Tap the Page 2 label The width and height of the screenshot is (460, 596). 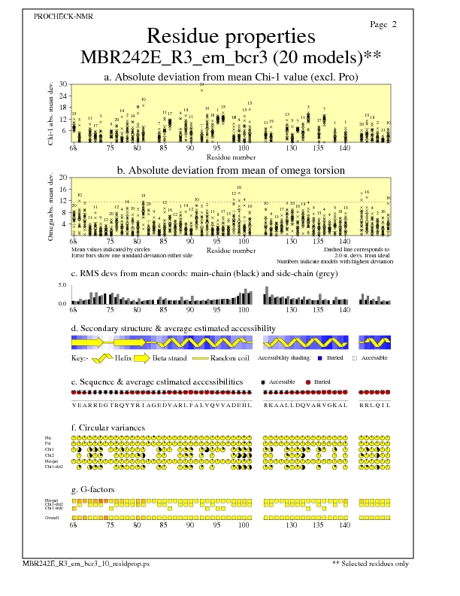pos(383,25)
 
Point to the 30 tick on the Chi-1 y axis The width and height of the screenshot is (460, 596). pos(64,84)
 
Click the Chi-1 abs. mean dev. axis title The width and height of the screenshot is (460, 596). pos(50,113)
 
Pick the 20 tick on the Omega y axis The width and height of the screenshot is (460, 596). pos(64,178)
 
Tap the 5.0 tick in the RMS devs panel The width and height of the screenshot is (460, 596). pos(63,285)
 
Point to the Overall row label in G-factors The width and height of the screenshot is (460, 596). pos(52,518)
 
